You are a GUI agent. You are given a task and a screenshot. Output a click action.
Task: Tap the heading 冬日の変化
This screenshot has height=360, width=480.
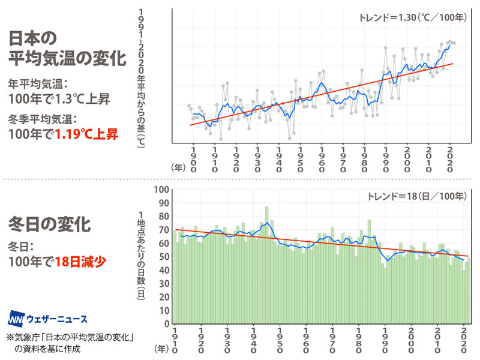click(49, 226)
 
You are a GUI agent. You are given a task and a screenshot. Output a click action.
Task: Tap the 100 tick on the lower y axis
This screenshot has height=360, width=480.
click(161, 190)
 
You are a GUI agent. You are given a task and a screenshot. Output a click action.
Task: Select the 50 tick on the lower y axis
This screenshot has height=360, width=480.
click(163, 257)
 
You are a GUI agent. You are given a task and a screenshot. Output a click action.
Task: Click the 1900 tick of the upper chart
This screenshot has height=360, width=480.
click(193, 158)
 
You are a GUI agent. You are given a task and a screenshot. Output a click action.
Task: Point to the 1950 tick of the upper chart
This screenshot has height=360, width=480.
click(301, 158)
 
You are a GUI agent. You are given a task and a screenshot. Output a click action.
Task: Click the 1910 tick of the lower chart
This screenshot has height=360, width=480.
click(175, 340)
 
